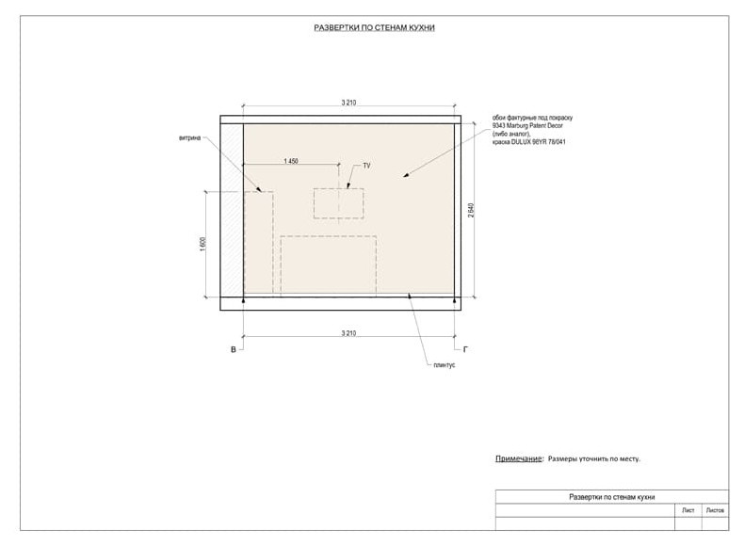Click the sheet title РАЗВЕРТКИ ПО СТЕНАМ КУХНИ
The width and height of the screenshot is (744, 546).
pyautogui.click(x=375, y=28)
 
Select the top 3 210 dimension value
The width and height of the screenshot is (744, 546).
pyautogui.click(x=348, y=103)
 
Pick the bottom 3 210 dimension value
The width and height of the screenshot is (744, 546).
pyautogui.click(x=348, y=333)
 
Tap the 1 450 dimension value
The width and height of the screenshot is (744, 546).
pyautogui.click(x=291, y=161)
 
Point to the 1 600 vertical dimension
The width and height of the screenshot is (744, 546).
pyautogui.click(x=203, y=244)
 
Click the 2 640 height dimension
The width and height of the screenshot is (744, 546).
pyautogui.click(x=471, y=210)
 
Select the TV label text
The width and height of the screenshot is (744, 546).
pyautogui.click(x=366, y=166)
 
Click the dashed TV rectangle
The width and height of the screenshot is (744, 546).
pyautogui.click(x=338, y=189)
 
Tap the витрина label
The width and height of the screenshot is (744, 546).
pyautogui.click(x=190, y=138)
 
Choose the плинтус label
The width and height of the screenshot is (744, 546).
pyautogui.click(x=445, y=365)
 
